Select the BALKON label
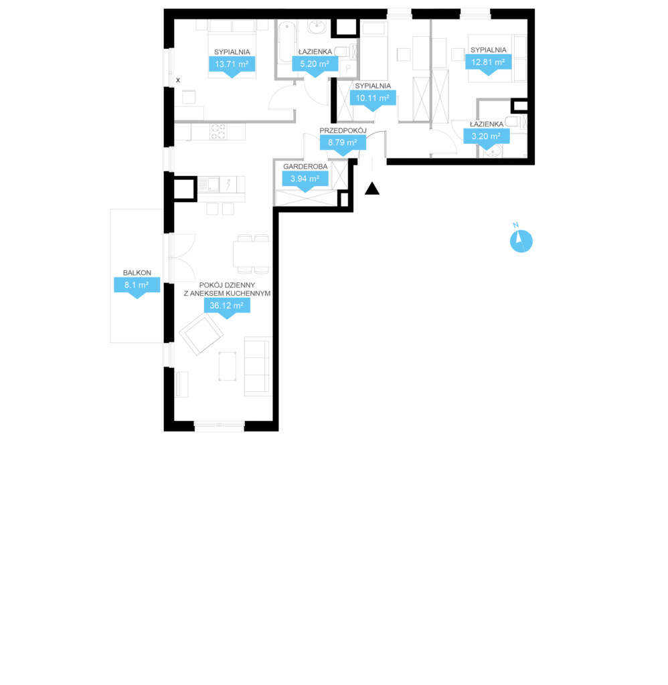(137, 273)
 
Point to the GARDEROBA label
(305, 167)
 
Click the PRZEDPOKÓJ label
(343, 130)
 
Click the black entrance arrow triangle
(372, 188)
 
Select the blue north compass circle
(521, 241)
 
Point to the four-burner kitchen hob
(219, 132)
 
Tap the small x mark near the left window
(178, 80)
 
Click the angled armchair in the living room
(201, 334)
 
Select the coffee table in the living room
(228, 366)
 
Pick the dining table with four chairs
(253, 254)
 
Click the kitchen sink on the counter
(208, 185)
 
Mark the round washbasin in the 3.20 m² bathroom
(493, 152)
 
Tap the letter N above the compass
(516, 225)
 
